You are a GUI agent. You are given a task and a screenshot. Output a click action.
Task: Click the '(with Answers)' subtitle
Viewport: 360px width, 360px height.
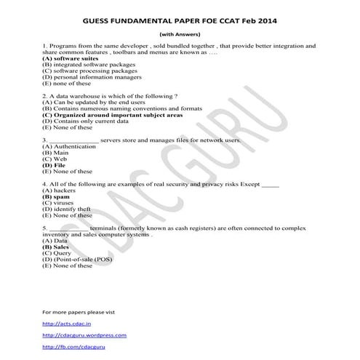180,34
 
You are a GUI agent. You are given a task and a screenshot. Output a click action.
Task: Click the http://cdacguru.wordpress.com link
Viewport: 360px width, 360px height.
84,335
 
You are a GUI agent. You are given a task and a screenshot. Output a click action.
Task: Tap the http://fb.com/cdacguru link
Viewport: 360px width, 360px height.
73,348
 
